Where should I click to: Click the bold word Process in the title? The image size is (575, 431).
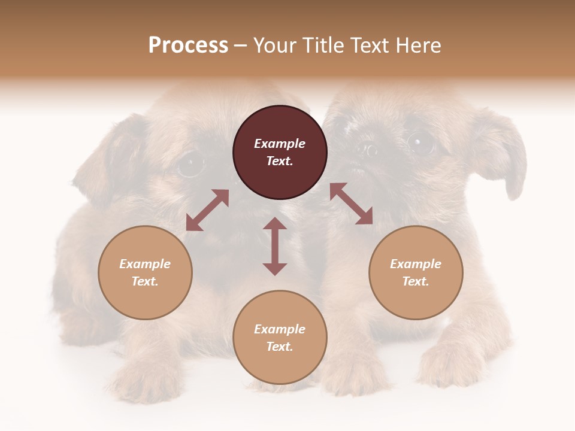point(188,45)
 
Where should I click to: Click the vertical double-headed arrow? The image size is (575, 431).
point(275,246)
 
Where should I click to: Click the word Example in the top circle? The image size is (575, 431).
point(280,144)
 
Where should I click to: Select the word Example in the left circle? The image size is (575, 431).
point(145,264)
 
